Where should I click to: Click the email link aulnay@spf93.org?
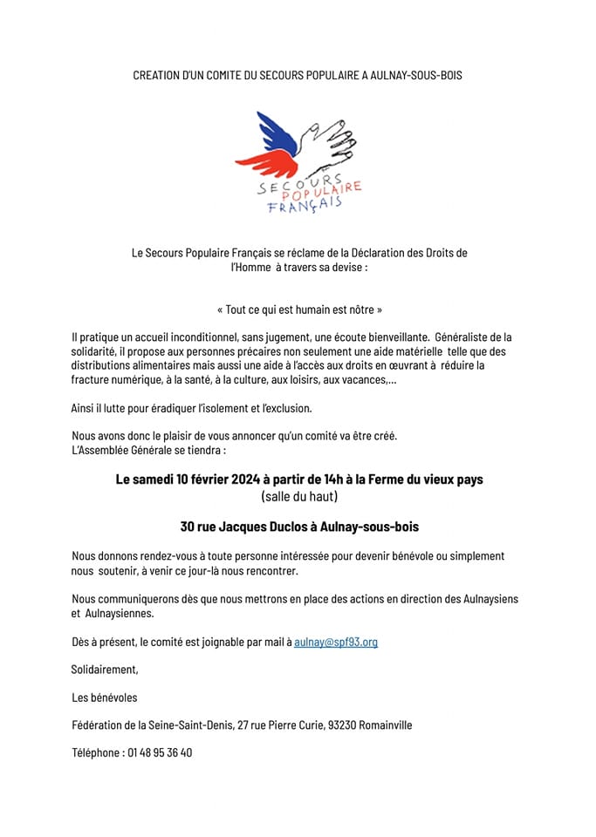336,643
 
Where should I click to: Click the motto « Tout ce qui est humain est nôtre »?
298,310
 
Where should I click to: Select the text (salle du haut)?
298,497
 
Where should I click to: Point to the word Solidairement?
105,670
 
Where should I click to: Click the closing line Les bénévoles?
105,697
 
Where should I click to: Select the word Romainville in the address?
387,725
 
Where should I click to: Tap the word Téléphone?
96,752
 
